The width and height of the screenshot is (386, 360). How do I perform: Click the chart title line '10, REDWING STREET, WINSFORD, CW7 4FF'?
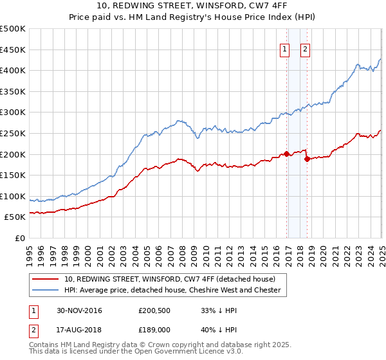point(192,6)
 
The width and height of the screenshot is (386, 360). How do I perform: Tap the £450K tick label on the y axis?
point(13,50)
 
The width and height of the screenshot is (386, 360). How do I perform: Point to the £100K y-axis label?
point(13,196)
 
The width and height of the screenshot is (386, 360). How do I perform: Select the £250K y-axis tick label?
point(13,134)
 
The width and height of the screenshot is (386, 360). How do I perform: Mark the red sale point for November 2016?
point(286,154)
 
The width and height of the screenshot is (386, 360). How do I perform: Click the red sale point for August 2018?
point(307,159)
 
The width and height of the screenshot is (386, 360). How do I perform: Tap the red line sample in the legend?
point(46,279)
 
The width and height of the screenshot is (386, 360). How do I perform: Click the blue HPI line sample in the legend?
point(46,290)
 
